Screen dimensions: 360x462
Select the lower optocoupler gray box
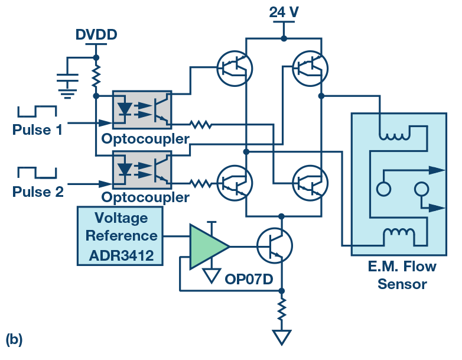(x=142, y=168)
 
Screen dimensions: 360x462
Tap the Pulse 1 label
(x=37, y=129)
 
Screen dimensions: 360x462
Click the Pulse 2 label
(x=37, y=190)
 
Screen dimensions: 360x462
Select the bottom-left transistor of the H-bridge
(x=235, y=183)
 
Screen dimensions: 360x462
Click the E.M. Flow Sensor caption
(x=402, y=275)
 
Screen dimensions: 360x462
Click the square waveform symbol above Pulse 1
(x=37, y=111)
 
